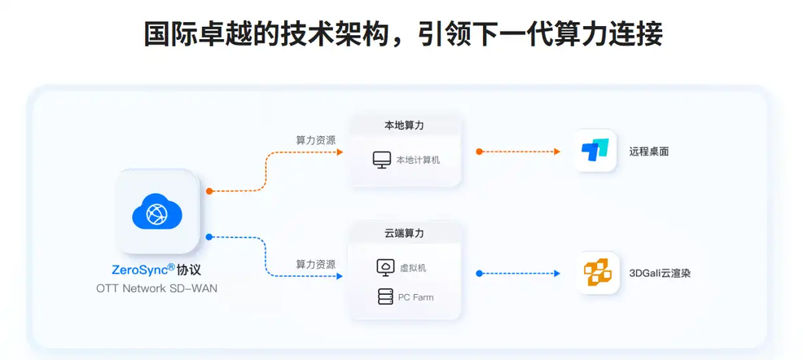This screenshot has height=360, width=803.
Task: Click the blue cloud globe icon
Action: coord(156,212)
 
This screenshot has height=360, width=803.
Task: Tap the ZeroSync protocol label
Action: coord(156,270)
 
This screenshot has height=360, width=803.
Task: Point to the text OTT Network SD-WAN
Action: coord(156,288)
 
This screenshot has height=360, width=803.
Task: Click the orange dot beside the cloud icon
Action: coord(209,191)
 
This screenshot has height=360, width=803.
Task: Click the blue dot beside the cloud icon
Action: coord(209,237)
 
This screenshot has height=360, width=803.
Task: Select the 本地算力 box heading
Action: coord(404,125)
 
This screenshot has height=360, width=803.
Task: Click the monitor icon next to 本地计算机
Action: coord(382,160)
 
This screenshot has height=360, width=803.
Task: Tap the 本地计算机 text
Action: coord(418,160)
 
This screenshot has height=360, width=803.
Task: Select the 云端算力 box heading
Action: coord(404,233)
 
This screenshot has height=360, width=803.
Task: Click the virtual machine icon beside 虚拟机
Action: coord(385,267)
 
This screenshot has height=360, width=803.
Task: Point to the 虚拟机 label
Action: coord(413,268)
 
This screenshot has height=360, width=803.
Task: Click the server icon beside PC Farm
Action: coord(385,297)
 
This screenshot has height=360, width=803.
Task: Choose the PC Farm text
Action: coord(415,297)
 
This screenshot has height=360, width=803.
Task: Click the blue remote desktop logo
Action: coord(595,151)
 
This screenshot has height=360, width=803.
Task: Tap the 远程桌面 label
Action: coord(648,151)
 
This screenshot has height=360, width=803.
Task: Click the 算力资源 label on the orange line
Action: coord(315,140)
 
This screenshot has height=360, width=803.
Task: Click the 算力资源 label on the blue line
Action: coord(315,265)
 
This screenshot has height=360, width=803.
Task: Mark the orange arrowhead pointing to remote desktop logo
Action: coord(558,151)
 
